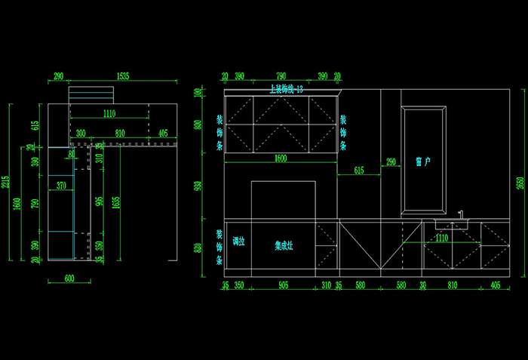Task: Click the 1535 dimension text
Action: [123, 76]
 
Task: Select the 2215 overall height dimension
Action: [7, 182]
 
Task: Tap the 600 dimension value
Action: [69, 278]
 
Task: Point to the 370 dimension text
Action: [61, 185]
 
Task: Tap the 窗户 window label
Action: [423, 162]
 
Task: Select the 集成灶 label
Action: [284, 245]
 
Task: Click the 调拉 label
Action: [238, 242]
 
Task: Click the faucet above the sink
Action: [460, 214]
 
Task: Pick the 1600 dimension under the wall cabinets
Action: [281, 158]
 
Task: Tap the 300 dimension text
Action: [81, 134]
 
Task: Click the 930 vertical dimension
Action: [198, 186]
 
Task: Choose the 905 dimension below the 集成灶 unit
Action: [283, 285]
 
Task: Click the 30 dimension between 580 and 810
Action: [422, 285]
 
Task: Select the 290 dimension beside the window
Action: [391, 162]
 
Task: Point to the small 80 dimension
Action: [72, 154]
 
